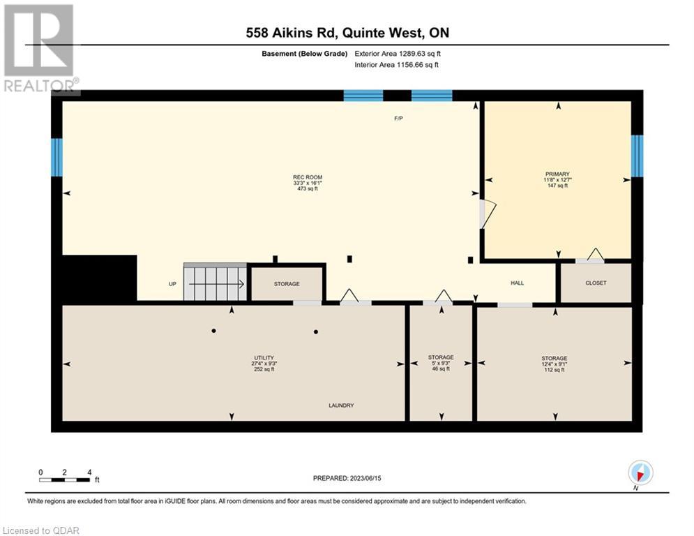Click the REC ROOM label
tap(308, 177)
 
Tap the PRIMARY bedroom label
tap(557, 174)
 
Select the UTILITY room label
tap(264, 358)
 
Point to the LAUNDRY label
tap(341, 405)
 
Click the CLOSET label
tap(596, 283)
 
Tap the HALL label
tap(517, 283)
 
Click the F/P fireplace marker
tap(398, 118)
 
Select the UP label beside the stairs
tap(172, 284)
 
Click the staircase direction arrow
tap(216, 284)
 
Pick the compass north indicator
tap(640, 472)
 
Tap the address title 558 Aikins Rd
tap(292, 32)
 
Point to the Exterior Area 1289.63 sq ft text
tap(398, 54)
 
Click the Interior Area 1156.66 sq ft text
tap(397, 65)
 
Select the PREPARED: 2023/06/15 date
tap(347, 478)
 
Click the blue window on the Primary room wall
tap(637, 156)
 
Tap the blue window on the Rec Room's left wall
tap(56, 157)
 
